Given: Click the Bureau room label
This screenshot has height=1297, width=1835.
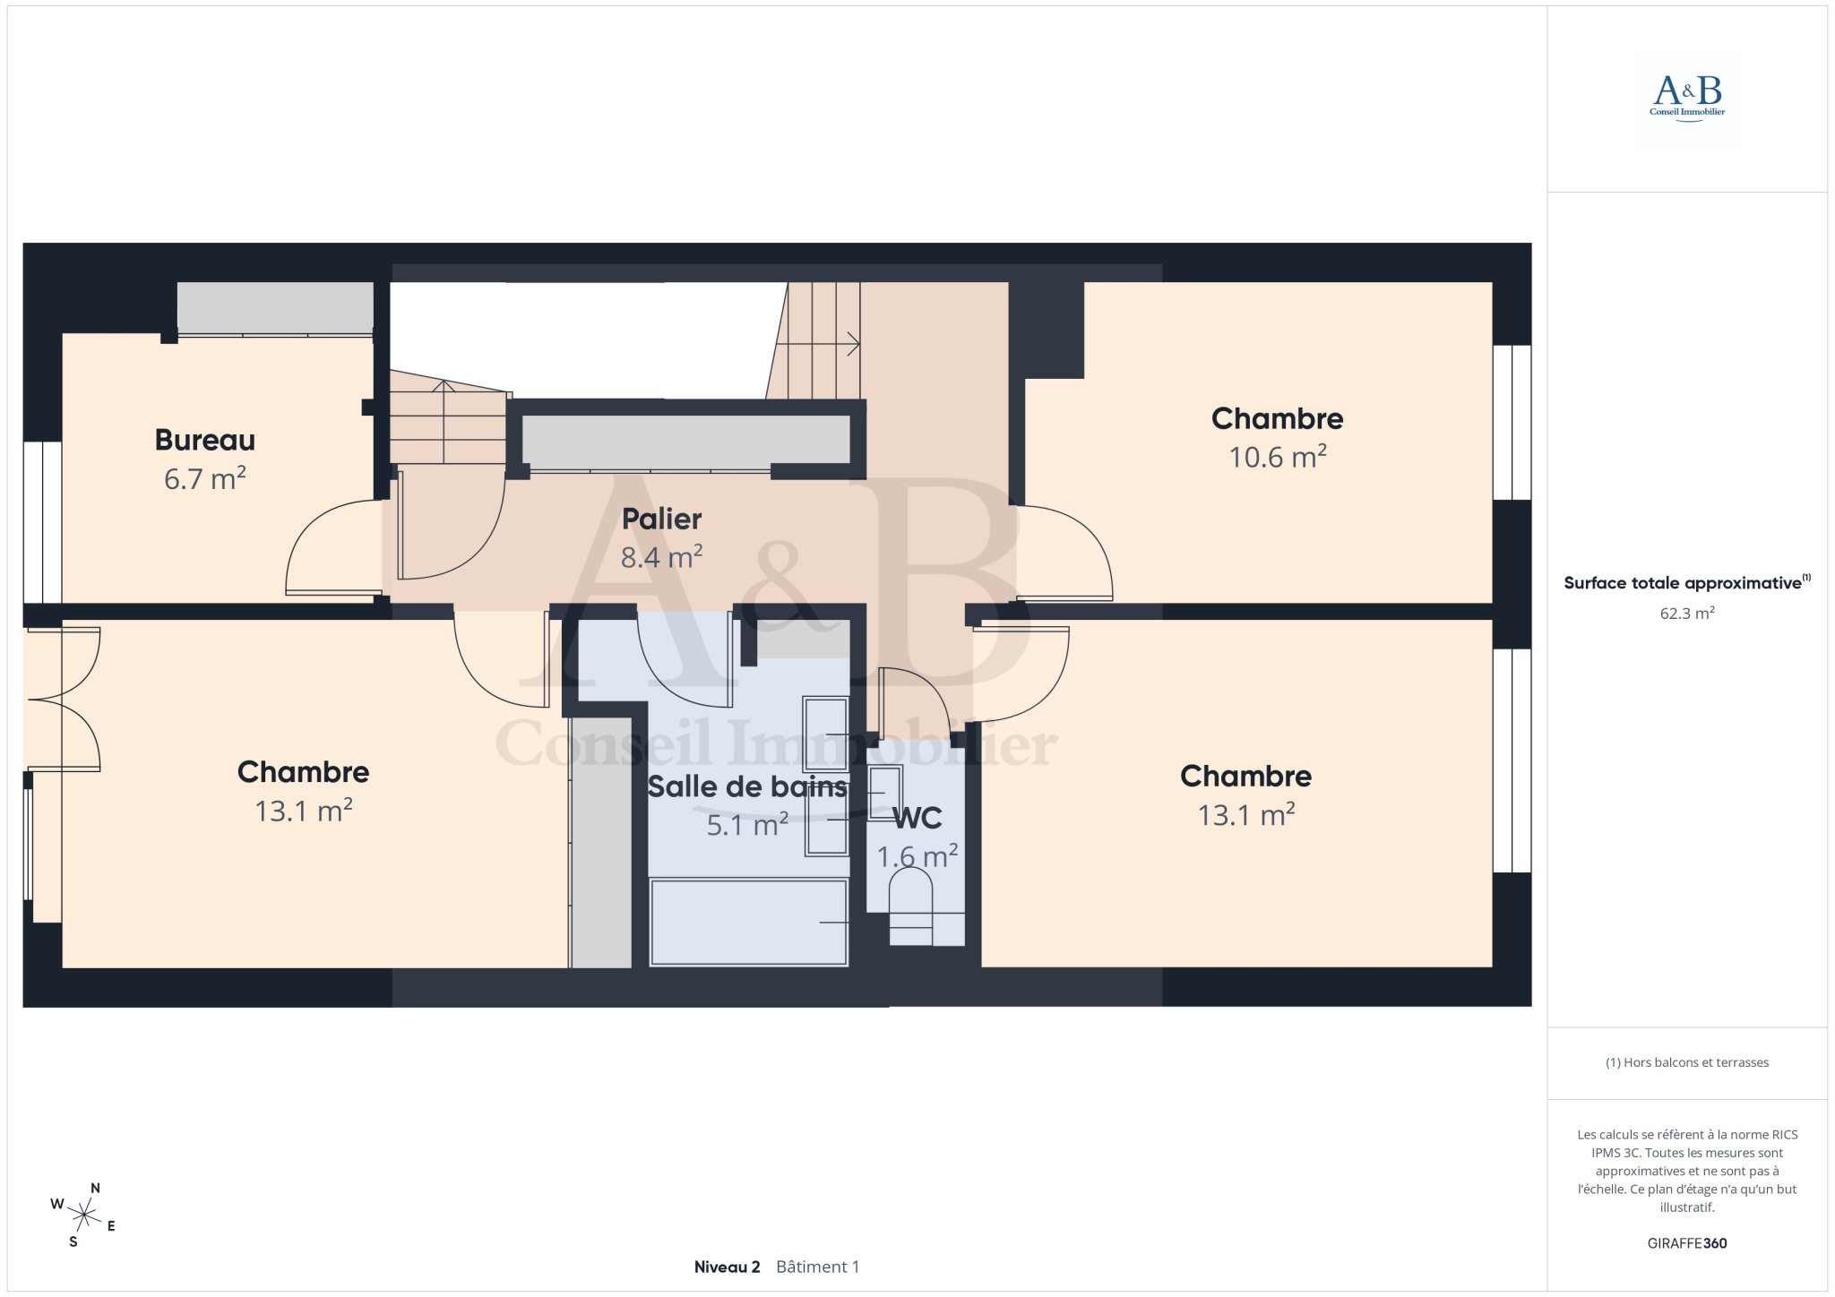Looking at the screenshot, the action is [x=205, y=440].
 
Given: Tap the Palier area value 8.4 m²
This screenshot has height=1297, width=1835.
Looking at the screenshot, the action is [x=661, y=557].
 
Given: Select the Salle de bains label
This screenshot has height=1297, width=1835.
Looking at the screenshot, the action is [x=747, y=786].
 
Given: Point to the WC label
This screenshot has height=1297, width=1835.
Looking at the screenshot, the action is [x=917, y=818].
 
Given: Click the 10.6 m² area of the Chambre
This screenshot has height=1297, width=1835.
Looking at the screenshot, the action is [x=1277, y=457].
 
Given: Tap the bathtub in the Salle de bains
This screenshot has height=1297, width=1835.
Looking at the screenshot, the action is [x=748, y=923].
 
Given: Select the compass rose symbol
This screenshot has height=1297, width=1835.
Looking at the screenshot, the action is [x=83, y=1215].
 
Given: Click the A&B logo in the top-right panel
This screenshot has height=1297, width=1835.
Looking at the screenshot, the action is [x=1687, y=98].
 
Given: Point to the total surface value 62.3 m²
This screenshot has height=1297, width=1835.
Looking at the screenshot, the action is [x=1687, y=614].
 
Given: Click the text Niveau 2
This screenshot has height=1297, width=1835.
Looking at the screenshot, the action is [x=727, y=1267].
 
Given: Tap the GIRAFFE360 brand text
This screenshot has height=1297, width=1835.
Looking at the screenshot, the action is [x=1687, y=1243].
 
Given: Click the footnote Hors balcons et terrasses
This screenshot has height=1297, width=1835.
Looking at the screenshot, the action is [x=1687, y=1062].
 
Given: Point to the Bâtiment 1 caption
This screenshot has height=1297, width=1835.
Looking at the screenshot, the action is [x=818, y=1267].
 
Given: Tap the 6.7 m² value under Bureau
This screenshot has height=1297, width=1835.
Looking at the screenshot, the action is [x=205, y=478].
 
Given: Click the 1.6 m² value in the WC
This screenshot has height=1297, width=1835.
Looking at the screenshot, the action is [x=917, y=856].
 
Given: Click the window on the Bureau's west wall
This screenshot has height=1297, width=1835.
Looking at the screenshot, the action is [x=42, y=522].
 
